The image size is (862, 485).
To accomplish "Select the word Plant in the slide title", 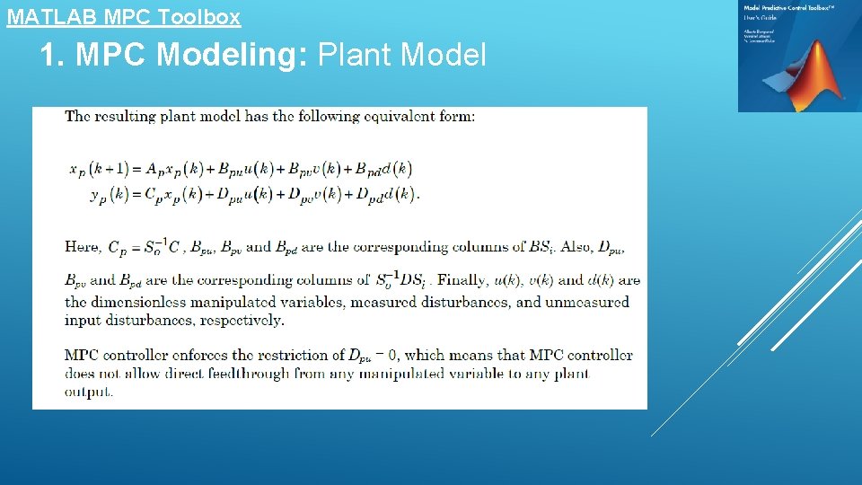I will point(355,56).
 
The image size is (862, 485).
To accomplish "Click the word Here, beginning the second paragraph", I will point(83,246).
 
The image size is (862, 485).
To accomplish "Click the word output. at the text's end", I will point(89,392).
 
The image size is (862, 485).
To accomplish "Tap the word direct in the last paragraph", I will point(164,374).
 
